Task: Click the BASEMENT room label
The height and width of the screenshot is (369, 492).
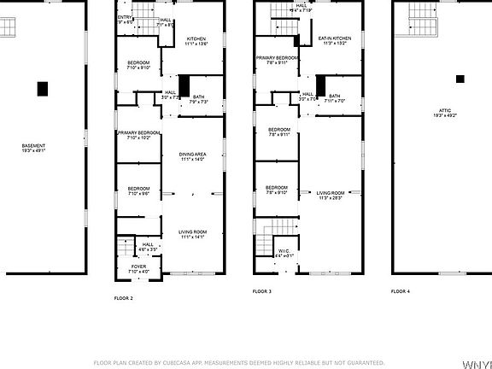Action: pos(34,147)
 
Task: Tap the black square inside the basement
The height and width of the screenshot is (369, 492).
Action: pos(42,88)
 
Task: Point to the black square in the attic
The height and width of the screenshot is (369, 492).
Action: pos(460,79)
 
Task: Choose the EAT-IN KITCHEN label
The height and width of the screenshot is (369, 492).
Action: pos(334,39)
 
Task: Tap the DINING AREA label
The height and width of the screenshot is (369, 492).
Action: pos(192,155)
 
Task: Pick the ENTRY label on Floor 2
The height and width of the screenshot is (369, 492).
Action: pos(125,17)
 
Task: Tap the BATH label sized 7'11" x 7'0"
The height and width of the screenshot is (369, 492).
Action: pos(334,97)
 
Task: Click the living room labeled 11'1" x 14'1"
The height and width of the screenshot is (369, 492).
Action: pos(192,232)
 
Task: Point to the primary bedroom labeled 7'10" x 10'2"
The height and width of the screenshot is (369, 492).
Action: pos(138,134)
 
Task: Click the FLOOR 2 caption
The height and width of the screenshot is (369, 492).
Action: pos(124,298)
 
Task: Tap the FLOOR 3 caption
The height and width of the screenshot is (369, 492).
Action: pos(261,292)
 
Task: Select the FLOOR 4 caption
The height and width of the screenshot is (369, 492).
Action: pos(400,292)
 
